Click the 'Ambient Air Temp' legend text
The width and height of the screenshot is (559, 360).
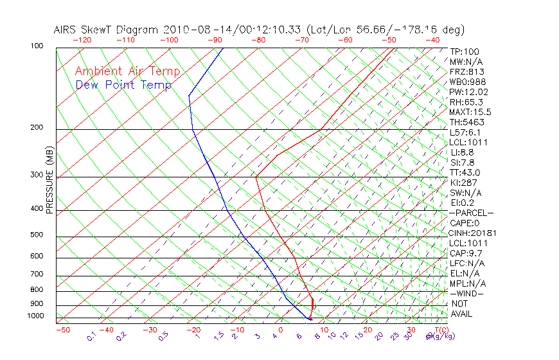pos(127,71)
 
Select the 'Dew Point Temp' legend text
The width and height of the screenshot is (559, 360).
pos(123,85)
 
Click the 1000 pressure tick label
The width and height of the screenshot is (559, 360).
pos(36,316)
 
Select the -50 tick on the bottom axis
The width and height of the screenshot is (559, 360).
pos(62,330)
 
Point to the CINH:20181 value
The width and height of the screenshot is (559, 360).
pos(473,233)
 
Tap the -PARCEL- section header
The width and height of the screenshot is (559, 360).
pos(472,213)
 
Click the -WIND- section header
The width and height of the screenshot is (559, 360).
pos(467,293)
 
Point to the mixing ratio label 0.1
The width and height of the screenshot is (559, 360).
pos(91,336)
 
